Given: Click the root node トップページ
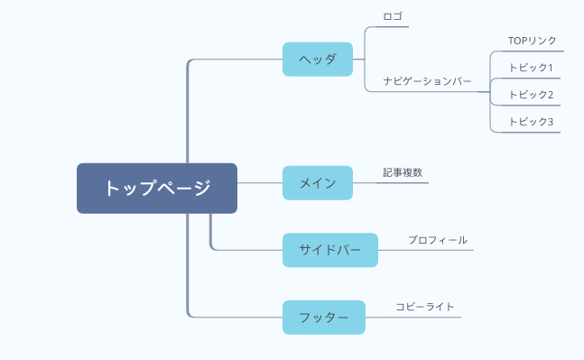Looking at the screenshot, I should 157,188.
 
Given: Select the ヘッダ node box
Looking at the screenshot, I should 318,60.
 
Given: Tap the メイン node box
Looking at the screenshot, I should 318,183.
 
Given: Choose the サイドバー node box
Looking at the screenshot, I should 330,250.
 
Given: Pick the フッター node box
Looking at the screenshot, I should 324,318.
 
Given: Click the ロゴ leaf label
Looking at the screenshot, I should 394,15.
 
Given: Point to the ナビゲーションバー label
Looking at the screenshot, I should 427,81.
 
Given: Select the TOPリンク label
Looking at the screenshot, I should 532,41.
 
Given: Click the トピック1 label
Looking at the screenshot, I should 531,68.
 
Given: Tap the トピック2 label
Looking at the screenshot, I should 531,95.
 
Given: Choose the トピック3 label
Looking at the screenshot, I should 531,122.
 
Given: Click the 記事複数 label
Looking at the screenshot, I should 402,171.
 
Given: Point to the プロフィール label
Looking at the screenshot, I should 437,240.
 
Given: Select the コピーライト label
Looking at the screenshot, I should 424,307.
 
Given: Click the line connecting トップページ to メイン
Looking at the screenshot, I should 260,183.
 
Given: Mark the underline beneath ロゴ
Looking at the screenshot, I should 394,26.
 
